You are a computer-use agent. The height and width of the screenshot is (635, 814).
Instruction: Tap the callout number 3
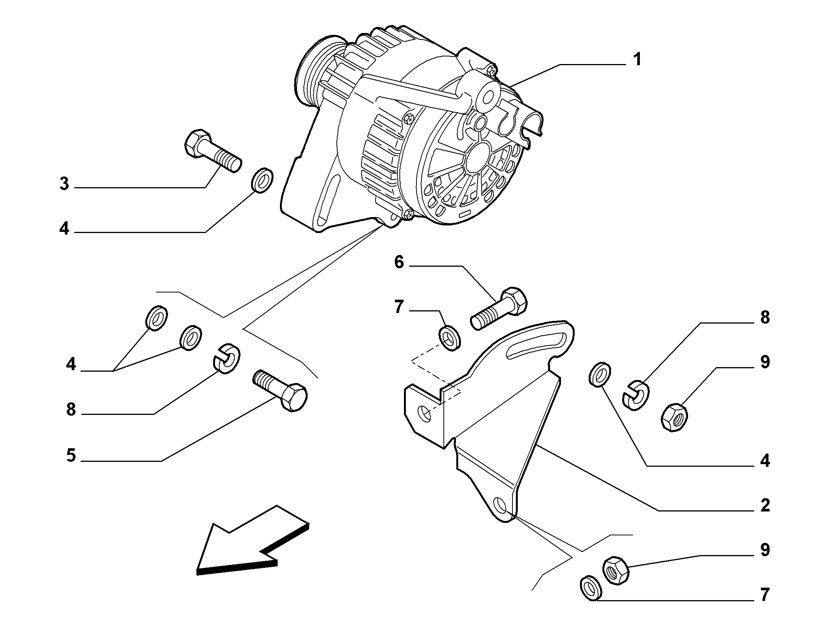coord(64,184)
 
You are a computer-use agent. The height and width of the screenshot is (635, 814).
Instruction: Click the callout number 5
coord(71,455)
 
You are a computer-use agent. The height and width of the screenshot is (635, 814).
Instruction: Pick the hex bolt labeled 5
coord(280,390)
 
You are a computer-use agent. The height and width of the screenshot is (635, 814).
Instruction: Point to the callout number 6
coord(399,262)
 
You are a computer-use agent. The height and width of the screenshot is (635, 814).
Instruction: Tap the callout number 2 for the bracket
coord(765,505)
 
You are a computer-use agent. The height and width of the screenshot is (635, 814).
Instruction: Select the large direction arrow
coord(253,541)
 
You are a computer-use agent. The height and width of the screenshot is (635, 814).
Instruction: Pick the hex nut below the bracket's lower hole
coord(616,571)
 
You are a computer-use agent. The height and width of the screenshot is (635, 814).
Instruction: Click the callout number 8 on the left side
coord(71,409)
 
